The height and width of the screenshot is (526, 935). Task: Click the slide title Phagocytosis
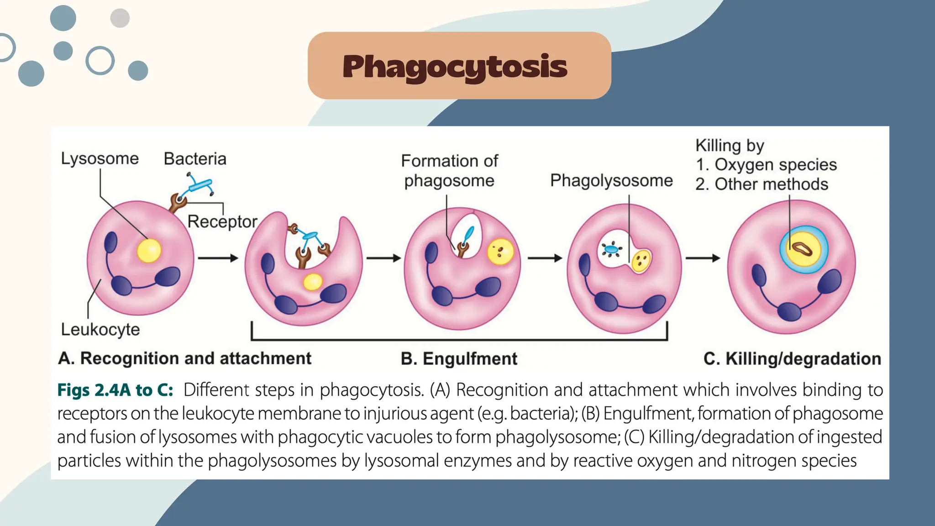tap(455, 67)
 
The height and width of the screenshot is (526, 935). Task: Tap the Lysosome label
tap(100, 158)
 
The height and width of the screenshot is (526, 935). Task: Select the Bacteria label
tap(195, 158)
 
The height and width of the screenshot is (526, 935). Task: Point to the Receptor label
tap(222, 221)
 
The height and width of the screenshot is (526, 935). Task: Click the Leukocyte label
tap(100, 329)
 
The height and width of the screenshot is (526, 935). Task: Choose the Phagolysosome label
tap(611, 180)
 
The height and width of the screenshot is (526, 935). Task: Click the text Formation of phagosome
tap(450, 171)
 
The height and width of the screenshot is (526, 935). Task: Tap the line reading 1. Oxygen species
tap(766, 164)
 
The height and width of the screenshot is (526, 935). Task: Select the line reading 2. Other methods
tap(762, 184)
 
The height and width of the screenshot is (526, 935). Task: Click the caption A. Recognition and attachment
tap(184, 358)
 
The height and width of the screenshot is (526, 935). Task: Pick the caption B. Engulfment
tap(459, 359)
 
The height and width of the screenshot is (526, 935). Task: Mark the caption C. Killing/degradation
tap(792, 359)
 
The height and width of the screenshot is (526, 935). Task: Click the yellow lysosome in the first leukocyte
tap(149, 251)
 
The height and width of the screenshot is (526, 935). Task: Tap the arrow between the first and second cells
tap(218, 258)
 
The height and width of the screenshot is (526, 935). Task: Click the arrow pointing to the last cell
tap(703, 258)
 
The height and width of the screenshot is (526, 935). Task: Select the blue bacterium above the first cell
tap(199, 185)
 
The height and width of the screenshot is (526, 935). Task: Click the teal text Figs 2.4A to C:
tap(115, 390)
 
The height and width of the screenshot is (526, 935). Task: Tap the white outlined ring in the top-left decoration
tap(100, 60)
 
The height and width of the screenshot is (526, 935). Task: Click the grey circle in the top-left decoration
tap(120, 18)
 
